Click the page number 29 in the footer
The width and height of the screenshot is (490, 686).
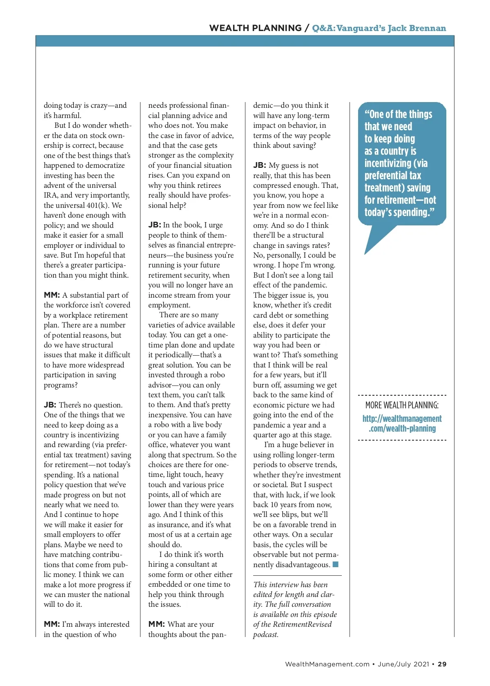click(442, 664)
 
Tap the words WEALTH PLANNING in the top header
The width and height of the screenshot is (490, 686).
click(255, 28)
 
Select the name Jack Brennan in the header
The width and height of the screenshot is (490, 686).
click(417, 28)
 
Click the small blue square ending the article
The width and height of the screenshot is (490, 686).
click(336, 565)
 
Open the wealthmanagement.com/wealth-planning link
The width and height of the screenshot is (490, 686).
click(402, 423)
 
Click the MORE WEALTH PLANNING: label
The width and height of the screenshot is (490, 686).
click(402, 405)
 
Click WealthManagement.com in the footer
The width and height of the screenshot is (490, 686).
click(327, 664)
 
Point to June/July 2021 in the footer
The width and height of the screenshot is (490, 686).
click(403, 664)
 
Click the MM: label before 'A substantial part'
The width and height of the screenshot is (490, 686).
click(52, 295)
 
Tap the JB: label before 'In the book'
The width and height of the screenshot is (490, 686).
click(154, 225)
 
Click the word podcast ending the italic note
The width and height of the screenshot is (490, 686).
click(265, 635)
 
